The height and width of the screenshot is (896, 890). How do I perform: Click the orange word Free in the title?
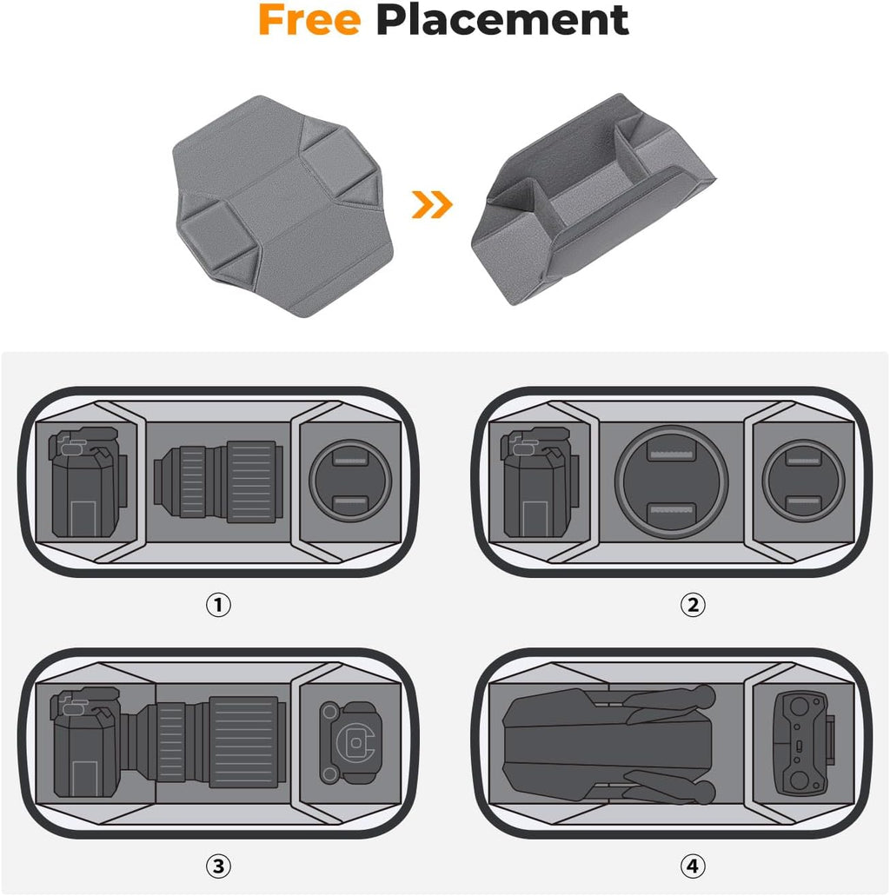309,21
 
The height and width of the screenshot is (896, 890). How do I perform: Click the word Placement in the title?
502,21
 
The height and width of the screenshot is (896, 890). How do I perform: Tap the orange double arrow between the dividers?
432,204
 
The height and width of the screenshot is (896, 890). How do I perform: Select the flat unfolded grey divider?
283,206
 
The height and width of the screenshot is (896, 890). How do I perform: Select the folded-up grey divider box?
594,199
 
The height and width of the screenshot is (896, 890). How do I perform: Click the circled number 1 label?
218,605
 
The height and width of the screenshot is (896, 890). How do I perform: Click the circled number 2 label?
693,605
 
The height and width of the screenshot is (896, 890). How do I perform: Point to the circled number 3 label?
218,866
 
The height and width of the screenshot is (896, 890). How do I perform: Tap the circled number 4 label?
693,866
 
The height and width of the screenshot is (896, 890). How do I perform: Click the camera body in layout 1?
88,481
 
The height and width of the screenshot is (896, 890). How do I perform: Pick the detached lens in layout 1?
218,481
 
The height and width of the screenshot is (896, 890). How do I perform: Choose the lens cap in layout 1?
350,480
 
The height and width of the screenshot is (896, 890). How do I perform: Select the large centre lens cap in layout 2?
672,481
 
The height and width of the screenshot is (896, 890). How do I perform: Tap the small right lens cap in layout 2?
804,480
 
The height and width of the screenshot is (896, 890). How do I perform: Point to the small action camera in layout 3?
349,742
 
